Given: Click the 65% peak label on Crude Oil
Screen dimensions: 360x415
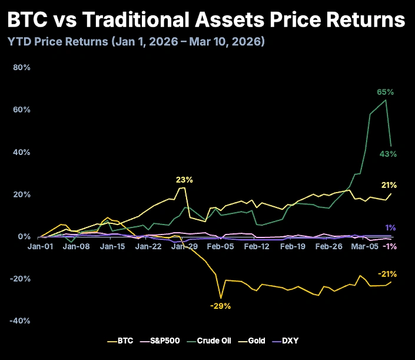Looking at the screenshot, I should (385, 92).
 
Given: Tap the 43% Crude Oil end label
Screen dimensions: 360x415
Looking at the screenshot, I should (388, 154).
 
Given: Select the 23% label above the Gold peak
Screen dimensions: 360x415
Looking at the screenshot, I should (184, 180).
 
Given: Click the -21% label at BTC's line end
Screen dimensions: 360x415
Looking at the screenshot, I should (387, 274).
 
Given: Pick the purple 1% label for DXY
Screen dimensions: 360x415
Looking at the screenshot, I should (390, 228).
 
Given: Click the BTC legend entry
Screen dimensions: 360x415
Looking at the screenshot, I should (121, 341).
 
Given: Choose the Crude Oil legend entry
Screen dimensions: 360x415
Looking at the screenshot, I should (206, 341).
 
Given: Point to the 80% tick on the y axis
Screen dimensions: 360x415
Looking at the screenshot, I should (22, 67).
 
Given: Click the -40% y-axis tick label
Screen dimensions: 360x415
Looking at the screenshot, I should (20, 321).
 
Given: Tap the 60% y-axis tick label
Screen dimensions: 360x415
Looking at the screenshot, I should (22, 110).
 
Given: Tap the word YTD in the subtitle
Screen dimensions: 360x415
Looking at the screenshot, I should (18, 42).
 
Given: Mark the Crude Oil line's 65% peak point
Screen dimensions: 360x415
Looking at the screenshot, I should (386, 100).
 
